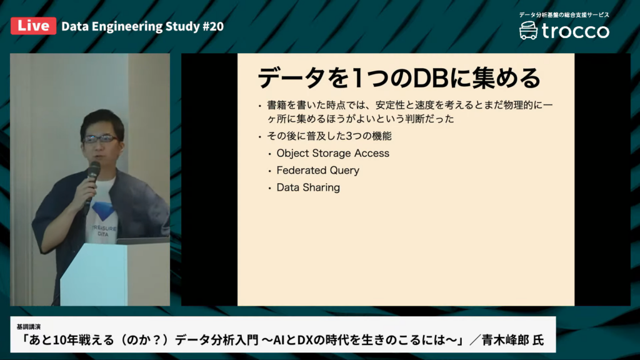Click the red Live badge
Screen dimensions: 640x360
click(x=34, y=26)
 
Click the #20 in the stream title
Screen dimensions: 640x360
click(x=213, y=26)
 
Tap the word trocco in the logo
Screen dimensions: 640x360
click(x=576, y=31)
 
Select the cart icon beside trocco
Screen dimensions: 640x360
click(x=528, y=31)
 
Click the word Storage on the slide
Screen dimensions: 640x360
click(x=331, y=154)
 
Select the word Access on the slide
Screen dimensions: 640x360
click(x=372, y=153)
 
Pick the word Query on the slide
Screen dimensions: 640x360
click(x=345, y=171)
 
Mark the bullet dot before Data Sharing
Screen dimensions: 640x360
click(x=269, y=188)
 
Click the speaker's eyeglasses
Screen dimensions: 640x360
click(x=100, y=139)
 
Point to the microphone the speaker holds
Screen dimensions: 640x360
click(x=92, y=184)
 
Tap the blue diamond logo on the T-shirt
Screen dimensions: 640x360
click(x=102, y=211)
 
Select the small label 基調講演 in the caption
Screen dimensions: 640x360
click(x=29, y=326)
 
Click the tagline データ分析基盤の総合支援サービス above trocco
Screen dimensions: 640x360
click(x=564, y=15)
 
